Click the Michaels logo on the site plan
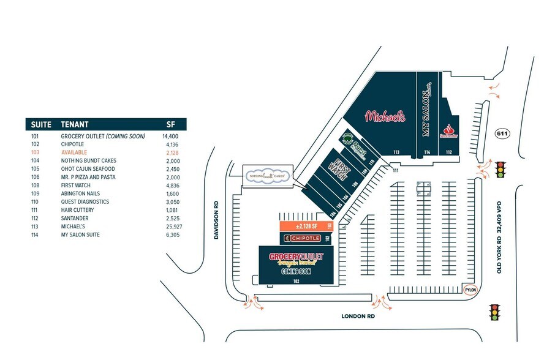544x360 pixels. click(x=385, y=116)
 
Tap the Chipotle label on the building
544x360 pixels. click(x=303, y=238)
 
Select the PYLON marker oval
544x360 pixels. click(x=470, y=289)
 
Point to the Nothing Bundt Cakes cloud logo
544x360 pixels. click(x=267, y=175)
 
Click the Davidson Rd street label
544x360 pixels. click(x=217, y=222)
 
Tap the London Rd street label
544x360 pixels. click(x=357, y=317)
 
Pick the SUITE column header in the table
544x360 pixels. click(x=42, y=124)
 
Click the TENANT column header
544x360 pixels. click(x=75, y=124)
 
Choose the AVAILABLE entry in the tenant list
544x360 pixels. click(x=74, y=152)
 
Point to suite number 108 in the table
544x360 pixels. click(x=36, y=185)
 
